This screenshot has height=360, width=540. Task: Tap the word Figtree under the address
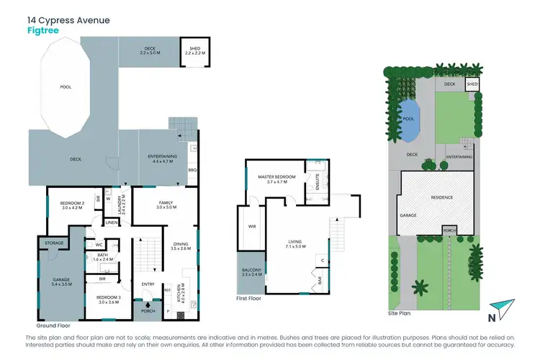(x=45, y=32)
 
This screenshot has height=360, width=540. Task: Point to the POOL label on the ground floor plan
(x=65, y=87)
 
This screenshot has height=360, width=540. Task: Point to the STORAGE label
(x=55, y=243)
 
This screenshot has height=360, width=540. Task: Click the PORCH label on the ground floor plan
(x=148, y=311)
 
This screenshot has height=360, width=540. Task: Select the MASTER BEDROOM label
(x=276, y=179)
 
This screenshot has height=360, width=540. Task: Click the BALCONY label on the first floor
(x=252, y=271)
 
